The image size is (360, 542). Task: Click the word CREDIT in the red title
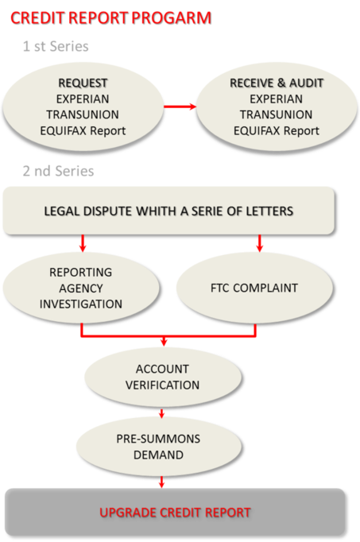pos(33,17)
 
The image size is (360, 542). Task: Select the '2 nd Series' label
pos(58,171)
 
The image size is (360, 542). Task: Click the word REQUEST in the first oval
pos(83,83)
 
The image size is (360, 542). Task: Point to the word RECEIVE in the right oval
pos(250,83)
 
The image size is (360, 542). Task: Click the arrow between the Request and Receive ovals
pos(180,106)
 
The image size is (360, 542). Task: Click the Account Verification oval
pos(161,377)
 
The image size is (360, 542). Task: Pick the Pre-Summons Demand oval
pos(161,447)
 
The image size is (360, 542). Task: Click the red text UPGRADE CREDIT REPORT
pos(175,512)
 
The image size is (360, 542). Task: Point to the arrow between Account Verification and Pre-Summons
pos(162,413)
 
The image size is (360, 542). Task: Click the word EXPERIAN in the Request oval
pos(83,99)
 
